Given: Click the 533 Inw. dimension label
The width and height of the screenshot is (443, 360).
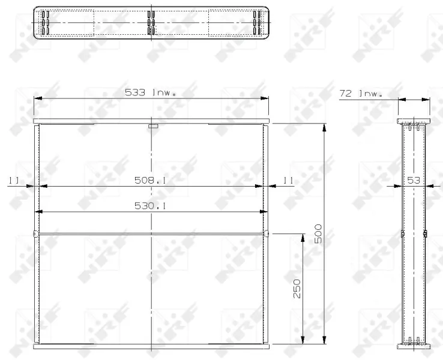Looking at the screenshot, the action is (150, 92).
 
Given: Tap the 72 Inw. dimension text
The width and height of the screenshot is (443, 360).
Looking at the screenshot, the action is (361, 94).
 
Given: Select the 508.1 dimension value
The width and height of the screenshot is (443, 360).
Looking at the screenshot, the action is (150, 180).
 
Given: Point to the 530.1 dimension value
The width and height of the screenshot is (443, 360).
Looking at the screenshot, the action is (150, 206).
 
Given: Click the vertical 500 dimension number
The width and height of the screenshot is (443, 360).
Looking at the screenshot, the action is (318, 234).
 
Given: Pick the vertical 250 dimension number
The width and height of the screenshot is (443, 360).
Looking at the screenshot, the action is (297, 289).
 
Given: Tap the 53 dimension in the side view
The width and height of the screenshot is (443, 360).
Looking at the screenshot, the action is (414, 180).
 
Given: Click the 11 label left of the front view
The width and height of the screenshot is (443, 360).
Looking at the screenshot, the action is (14, 180).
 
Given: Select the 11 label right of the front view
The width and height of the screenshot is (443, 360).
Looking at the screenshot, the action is (288, 180).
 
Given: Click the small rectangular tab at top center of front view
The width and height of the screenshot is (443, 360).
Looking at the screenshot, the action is (153, 126).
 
